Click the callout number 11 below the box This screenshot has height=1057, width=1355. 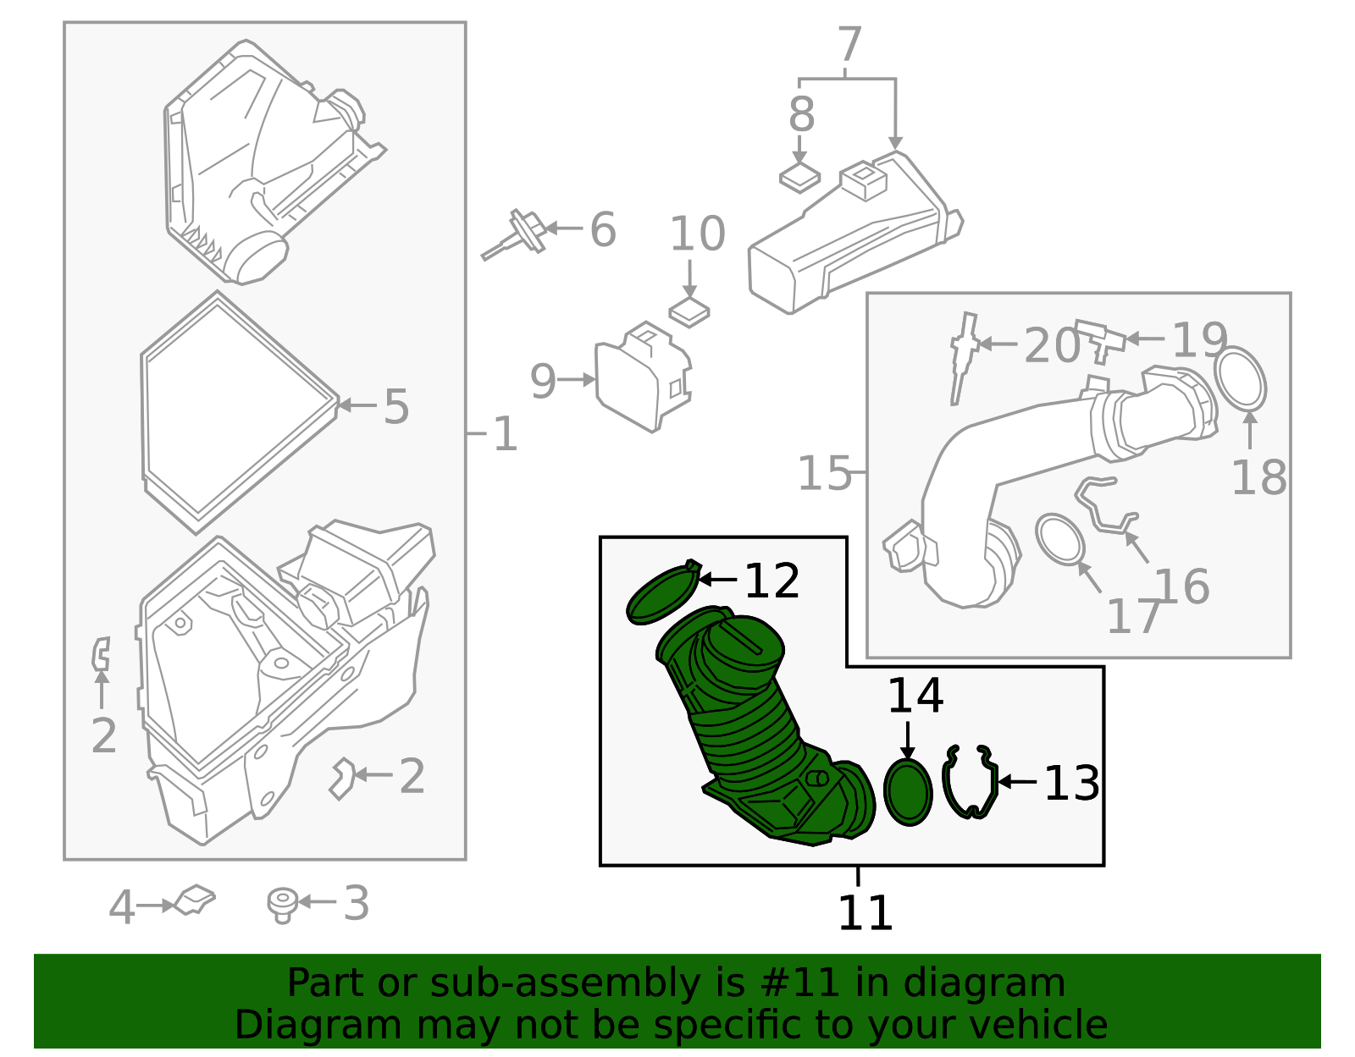(x=865, y=913)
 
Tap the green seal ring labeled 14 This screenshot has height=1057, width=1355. (x=907, y=792)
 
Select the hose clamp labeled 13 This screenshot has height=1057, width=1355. (x=970, y=783)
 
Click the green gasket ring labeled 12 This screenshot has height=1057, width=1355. (x=661, y=595)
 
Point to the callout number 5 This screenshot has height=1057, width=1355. (x=396, y=406)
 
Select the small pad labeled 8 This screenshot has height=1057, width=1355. (x=799, y=178)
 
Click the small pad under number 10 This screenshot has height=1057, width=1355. (x=689, y=312)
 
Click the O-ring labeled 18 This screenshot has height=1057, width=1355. (x=1241, y=378)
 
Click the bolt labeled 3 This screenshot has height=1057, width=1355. (x=282, y=905)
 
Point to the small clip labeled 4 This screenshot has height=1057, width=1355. (x=195, y=900)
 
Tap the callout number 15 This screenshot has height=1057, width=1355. (x=824, y=473)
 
